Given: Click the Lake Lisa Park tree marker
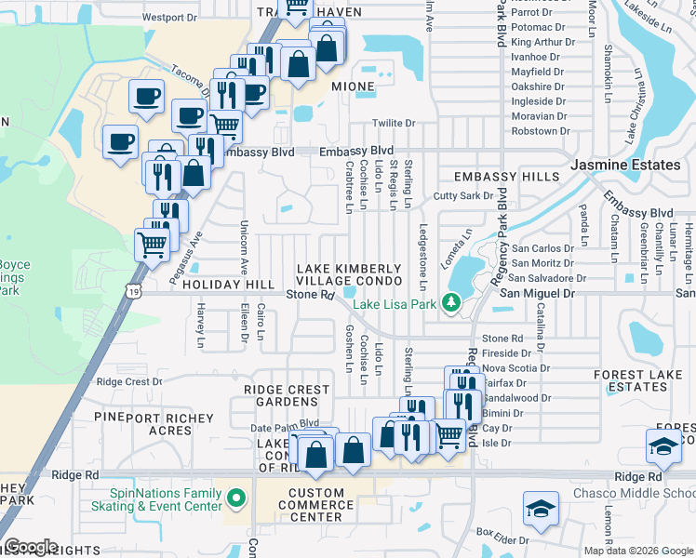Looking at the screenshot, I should [x=451, y=302].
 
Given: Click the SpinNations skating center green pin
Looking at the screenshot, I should [x=236, y=499].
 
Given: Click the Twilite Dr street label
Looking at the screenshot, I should [x=393, y=123].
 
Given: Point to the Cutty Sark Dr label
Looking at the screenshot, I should [x=462, y=196].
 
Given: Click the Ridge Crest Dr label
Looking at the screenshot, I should [x=129, y=381].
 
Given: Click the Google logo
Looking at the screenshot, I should [x=31, y=547].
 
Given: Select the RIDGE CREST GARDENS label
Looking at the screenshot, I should [x=287, y=395].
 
